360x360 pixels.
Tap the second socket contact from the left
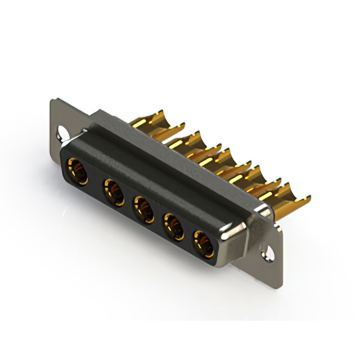point(114,192)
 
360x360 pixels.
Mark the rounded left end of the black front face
point(62,163)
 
